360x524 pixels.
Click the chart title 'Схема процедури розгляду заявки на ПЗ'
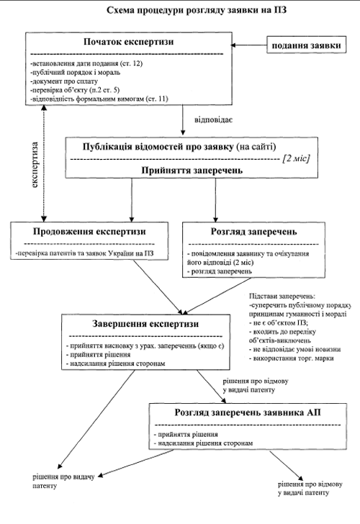coord(197,10)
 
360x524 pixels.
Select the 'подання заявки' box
coord(306,45)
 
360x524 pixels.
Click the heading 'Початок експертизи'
coord(129,42)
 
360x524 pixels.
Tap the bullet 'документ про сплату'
coord(64,81)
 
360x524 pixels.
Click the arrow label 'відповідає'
coord(214,119)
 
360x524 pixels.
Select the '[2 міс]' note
coord(296,158)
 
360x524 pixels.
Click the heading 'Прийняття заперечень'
coord(192,170)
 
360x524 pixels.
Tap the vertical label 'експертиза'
coord(35,165)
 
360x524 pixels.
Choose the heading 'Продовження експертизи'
coord(89,232)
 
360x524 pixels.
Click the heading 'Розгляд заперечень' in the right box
coord(253,232)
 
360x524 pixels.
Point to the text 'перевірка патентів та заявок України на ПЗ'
coord(84,253)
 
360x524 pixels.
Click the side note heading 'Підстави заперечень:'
coord(282,296)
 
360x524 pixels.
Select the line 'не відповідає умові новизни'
coord(294,349)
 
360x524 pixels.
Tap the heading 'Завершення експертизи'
coord(145,324)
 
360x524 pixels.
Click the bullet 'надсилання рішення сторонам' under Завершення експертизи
coord(115,363)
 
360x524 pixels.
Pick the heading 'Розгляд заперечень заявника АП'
coord(248,412)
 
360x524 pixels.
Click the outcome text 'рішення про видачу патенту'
coord(63,482)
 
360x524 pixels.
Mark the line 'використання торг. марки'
coord(292,358)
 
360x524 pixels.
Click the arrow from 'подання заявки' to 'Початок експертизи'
coord(248,45)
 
